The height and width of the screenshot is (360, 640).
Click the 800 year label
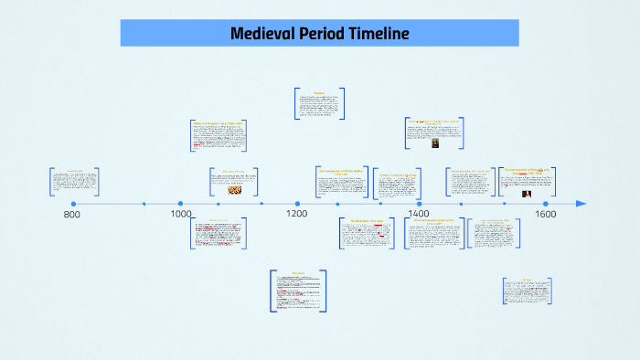pos(71,216)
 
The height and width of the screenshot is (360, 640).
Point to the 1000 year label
pos(181,215)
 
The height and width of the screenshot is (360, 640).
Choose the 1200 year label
pos(296,215)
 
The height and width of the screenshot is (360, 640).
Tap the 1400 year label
pos(418,214)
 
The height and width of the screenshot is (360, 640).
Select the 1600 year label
pos(546,215)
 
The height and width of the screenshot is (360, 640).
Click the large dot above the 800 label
pos(73,204)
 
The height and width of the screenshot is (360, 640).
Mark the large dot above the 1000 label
pos(181,204)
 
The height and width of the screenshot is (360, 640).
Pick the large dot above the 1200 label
pos(297,204)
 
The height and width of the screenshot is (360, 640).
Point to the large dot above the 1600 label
pos(546,204)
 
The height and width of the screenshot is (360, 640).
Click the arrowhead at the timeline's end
pos(581,204)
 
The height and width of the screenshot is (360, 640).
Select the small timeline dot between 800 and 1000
pos(144,204)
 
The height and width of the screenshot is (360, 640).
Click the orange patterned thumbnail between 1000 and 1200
pos(233,190)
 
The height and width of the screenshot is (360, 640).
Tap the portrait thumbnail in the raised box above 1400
pos(436,143)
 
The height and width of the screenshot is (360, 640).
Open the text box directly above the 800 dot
pos(74,181)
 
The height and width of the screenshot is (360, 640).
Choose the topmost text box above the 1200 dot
pos(319,103)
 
